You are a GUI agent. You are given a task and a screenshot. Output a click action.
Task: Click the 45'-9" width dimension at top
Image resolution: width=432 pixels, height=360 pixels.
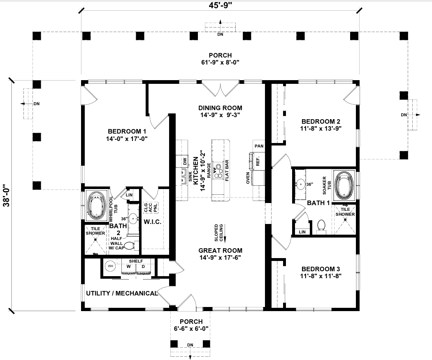point(220,5)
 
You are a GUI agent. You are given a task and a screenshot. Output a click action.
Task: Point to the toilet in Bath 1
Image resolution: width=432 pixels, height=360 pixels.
point(321,226)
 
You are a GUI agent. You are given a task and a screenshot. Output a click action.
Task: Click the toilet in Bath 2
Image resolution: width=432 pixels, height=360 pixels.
point(128,246)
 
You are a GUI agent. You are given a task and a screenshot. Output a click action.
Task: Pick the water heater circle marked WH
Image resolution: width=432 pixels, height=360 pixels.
point(110,266)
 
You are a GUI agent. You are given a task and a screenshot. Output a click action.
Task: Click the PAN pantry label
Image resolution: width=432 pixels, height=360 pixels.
point(259,146)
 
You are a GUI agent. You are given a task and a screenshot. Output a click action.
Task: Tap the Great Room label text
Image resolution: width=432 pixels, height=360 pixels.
point(220,250)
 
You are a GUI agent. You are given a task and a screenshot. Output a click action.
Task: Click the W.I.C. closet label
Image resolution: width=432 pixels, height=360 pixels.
point(152,222)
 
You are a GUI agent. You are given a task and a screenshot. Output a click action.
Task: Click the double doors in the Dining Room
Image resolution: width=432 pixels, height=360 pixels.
point(220,90)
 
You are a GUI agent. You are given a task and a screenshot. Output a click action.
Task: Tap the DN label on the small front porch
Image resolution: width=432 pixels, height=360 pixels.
point(190,344)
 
